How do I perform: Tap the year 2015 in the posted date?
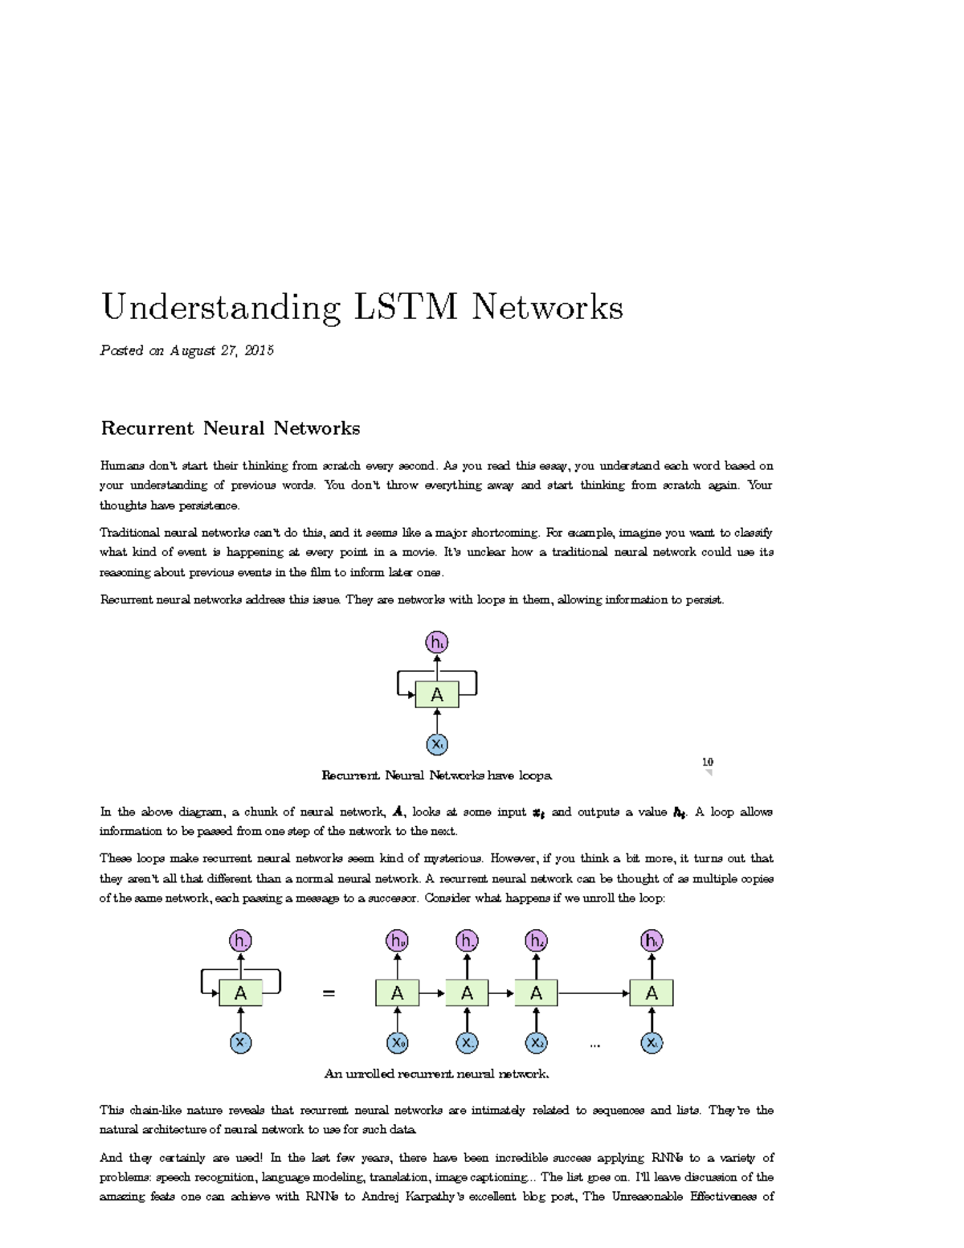(259, 350)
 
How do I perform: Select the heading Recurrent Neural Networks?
(230, 428)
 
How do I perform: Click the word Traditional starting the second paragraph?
(129, 533)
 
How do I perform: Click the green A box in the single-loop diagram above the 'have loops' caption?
(437, 694)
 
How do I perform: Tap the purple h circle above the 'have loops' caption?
(437, 643)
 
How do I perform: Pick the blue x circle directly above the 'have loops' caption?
(437, 744)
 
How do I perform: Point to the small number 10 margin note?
(707, 762)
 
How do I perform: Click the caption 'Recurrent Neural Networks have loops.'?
(437, 775)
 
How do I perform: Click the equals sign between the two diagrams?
(328, 994)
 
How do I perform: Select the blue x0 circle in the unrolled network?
(397, 1043)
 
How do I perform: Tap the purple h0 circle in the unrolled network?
(397, 941)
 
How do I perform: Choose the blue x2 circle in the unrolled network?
(536, 1043)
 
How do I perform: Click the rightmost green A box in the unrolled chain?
(652, 994)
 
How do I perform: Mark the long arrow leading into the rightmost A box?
(594, 994)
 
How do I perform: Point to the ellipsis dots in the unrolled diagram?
(595, 1045)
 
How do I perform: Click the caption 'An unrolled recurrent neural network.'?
(436, 1074)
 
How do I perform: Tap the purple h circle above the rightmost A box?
(652, 941)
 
